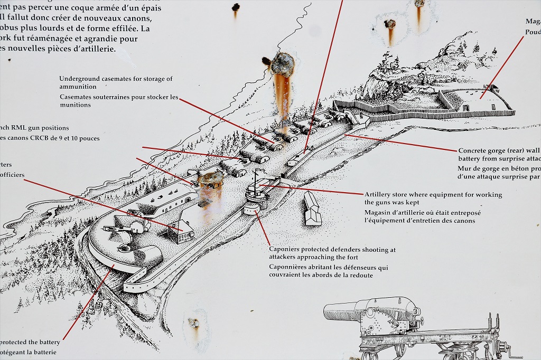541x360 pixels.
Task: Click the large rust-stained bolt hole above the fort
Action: point(283,64)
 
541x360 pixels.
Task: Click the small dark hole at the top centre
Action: point(236,7)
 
